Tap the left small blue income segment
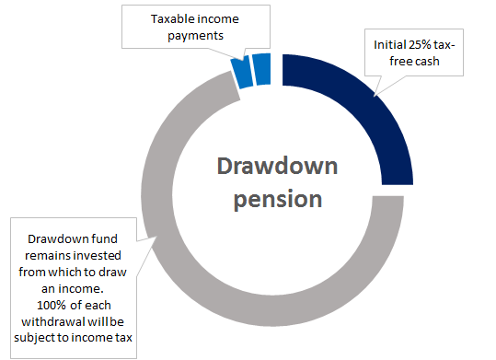click(x=242, y=73)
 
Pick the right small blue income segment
click(x=262, y=69)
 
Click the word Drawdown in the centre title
click(x=277, y=166)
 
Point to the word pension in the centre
click(x=278, y=200)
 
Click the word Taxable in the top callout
click(x=170, y=19)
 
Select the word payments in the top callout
click(x=195, y=36)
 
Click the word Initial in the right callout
click(x=390, y=45)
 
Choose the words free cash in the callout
click(x=414, y=61)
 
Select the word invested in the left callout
click(x=95, y=256)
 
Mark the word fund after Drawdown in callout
click(x=105, y=238)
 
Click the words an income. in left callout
click(x=73, y=289)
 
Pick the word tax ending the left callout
click(x=123, y=338)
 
